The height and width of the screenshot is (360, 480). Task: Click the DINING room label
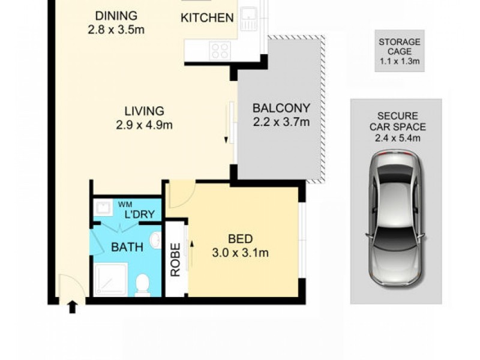tap(116, 16)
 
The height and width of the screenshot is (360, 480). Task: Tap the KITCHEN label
tap(207, 18)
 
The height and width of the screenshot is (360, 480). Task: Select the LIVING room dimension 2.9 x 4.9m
tap(144, 125)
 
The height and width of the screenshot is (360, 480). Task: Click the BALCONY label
tap(281, 108)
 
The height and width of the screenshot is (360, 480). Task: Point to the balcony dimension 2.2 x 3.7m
tap(281, 122)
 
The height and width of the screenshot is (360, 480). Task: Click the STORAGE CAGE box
tap(400, 51)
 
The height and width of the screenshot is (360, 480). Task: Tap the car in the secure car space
tap(397, 218)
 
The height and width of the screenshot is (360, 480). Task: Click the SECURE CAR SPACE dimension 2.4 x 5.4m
tap(398, 138)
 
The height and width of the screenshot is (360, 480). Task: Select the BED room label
tap(241, 239)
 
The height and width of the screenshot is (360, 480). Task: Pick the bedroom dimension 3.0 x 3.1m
tap(241, 253)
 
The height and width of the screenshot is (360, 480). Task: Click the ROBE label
tap(175, 260)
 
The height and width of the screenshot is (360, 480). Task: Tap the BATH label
tap(127, 247)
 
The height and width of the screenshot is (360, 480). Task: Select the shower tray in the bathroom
tap(110, 280)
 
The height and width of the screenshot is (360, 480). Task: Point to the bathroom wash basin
tap(156, 241)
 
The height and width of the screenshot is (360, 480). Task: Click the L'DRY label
tap(140, 214)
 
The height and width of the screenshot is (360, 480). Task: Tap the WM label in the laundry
tap(125, 205)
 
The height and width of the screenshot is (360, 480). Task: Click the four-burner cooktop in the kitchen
tap(220, 51)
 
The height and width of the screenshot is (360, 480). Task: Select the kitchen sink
tap(248, 19)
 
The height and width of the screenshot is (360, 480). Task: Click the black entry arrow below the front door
tap(72, 307)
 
